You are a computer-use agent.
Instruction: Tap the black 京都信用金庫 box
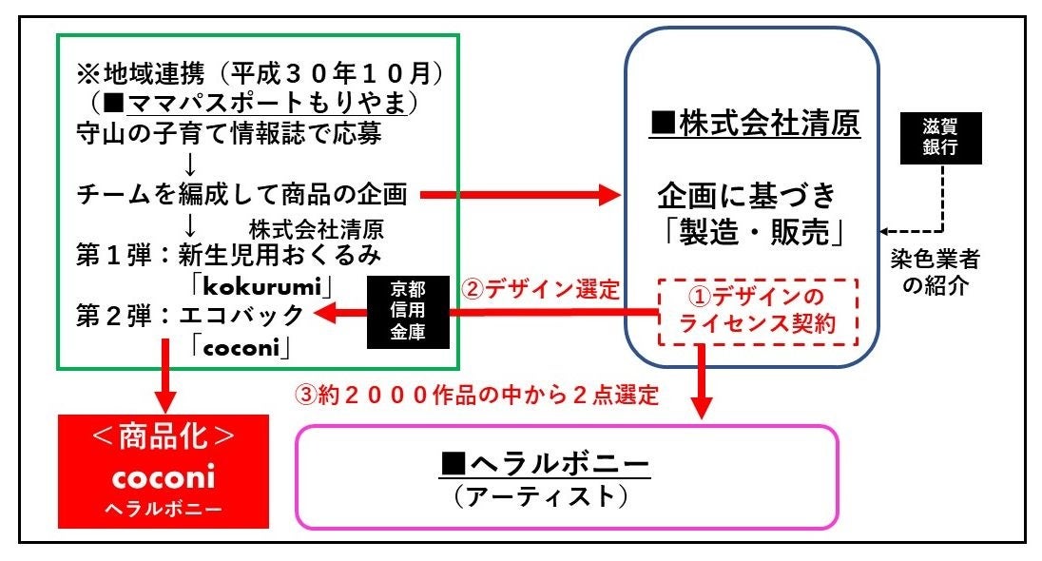[405, 312]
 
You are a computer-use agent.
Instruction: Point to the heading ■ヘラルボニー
[545, 464]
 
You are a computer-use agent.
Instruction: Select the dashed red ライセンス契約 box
[758, 311]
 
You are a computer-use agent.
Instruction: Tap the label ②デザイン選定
[540, 288]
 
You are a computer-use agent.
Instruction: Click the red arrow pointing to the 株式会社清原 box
[519, 196]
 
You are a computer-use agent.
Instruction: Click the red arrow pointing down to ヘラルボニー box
[702, 381]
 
